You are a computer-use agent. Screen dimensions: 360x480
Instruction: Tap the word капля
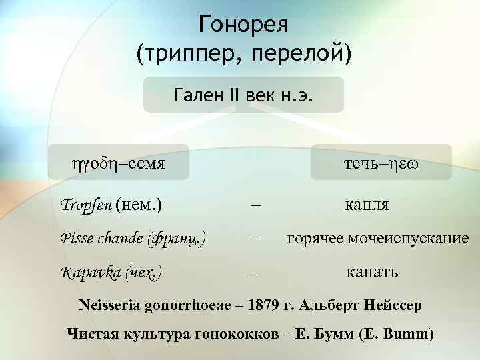[x=367, y=204]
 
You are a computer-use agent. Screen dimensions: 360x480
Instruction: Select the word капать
[x=372, y=272]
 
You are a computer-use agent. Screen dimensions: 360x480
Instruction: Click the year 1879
[x=265, y=307]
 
